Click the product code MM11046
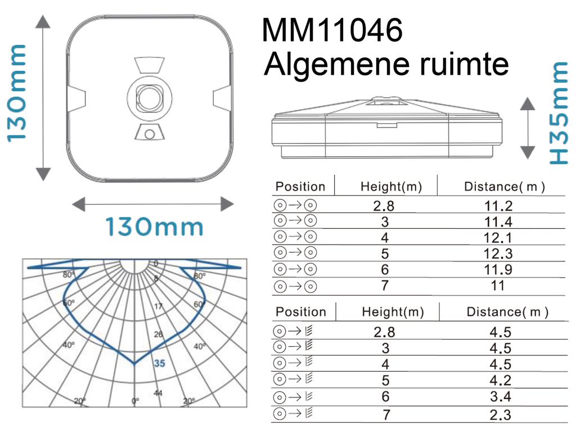point(332,30)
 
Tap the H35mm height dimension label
point(559,112)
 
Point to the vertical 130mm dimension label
point(16,93)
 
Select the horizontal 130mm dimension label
point(155,227)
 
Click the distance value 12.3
point(498,254)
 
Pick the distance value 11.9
point(498,270)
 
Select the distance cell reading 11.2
point(498,206)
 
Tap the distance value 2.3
point(500,415)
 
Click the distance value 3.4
point(500,397)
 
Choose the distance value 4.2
point(500,381)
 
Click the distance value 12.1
point(498,238)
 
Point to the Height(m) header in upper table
point(391,187)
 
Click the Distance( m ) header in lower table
point(506,312)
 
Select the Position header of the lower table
point(301,312)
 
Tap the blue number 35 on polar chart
point(160,364)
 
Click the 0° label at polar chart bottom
point(135,401)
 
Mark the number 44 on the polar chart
point(159,392)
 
